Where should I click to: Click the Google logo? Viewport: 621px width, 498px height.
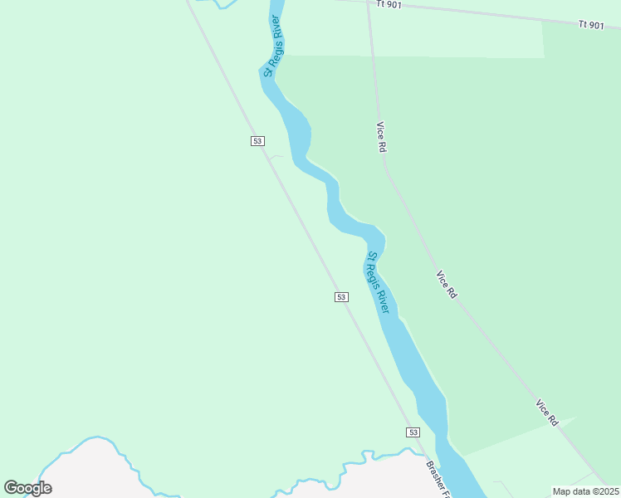27,488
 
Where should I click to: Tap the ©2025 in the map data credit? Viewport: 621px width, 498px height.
603,491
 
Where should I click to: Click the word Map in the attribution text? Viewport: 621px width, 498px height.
563,491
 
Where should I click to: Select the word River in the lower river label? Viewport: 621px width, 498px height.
382,300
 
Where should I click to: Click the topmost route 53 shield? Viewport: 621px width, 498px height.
257,141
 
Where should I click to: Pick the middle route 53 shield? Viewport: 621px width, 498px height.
341,297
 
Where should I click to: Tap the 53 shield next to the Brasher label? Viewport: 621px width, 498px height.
413,432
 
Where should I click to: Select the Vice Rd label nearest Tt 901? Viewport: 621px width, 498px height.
381,136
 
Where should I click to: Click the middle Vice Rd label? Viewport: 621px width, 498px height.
447,284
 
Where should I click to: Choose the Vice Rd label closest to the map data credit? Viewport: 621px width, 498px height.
546,413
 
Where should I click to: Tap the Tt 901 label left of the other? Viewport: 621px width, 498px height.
388,4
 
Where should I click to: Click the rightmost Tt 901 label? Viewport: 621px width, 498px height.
591,26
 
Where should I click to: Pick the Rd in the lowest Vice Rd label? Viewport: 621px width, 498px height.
552,420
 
